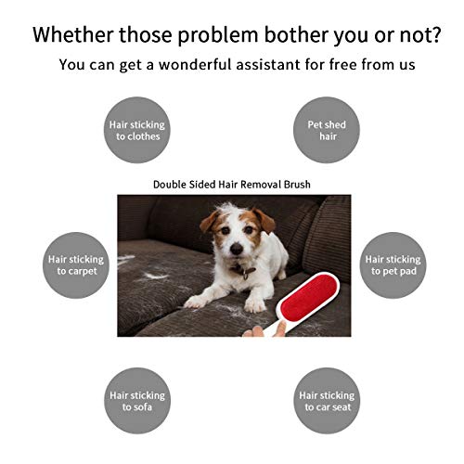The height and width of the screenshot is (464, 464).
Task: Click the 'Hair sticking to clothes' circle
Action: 137,130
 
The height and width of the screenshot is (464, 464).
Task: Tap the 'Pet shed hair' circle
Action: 327,130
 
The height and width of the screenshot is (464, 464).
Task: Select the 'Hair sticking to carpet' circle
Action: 76,265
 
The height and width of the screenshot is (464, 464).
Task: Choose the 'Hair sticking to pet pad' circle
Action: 393,265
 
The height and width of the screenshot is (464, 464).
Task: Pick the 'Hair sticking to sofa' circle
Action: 137,401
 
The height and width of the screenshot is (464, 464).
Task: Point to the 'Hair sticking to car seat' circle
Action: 327,401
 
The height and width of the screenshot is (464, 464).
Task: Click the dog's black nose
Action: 237,249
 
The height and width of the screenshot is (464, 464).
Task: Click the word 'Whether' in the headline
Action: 73,34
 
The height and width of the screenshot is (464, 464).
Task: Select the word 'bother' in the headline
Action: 295,34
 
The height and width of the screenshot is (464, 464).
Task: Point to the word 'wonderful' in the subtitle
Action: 195,65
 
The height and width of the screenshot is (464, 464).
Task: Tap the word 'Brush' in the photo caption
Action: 297,185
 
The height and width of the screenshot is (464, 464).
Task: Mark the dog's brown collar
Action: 244,271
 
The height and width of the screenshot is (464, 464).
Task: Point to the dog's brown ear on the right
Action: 264,221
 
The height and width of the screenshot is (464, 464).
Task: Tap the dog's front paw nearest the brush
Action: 254,304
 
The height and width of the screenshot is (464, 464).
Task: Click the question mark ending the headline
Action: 435,34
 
